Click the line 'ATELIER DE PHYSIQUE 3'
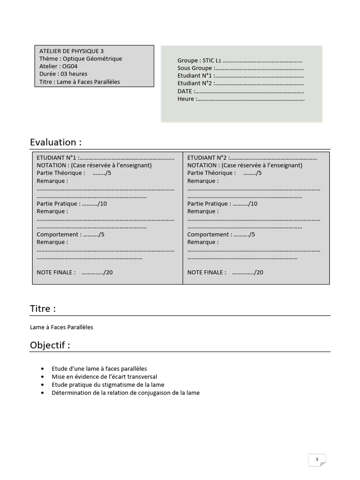pos(72,51)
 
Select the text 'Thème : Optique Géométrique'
pos(81,59)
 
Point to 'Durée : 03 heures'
pos(63,74)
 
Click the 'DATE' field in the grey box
pos(185,91)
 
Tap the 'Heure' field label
pos(186,99)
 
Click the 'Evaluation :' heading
pos(56,142)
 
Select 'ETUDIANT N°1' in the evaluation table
pos(58,157)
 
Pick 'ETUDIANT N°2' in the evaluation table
pos(208,157)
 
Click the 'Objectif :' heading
pos(50,345)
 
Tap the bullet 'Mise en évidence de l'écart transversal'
pos(104,376)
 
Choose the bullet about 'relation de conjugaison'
pos(125,392)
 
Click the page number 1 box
pos(317,460)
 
